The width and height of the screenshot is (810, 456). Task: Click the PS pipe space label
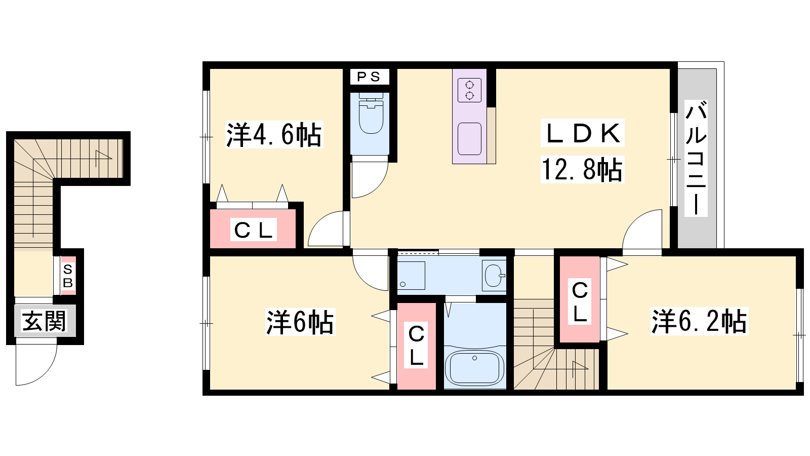click(x=369, y=77)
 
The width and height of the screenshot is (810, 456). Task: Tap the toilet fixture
click(x=371, y=113)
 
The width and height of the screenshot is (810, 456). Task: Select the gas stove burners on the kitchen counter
click(x=469, y=90)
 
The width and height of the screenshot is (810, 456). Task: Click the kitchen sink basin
click(x=469, y=139)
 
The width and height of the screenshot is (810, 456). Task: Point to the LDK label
click(x=582, y=133)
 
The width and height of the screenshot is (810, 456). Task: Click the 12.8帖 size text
click(x=582, y=169)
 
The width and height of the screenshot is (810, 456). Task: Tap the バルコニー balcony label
click(x=696, y=159)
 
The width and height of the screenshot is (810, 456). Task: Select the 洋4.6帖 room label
click(x=274, y=135)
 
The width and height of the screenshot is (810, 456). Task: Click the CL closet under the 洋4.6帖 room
click(x=253, y=230)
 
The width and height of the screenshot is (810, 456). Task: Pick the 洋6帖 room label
click(x=300, y=322)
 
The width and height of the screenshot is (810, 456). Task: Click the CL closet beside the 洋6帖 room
click(x=416, y=346)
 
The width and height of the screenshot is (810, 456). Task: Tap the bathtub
click(x=474, y=367)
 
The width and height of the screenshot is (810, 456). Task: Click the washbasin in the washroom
click(x=493, y=276)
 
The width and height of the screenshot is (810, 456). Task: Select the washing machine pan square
click(x=411, y=275)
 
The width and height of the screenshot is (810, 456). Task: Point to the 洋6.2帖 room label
click(x=699, y=321)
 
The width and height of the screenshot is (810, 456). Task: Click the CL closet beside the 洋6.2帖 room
click(x=580, y=299)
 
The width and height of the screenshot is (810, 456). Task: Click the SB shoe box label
click(x=68, y=276)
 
